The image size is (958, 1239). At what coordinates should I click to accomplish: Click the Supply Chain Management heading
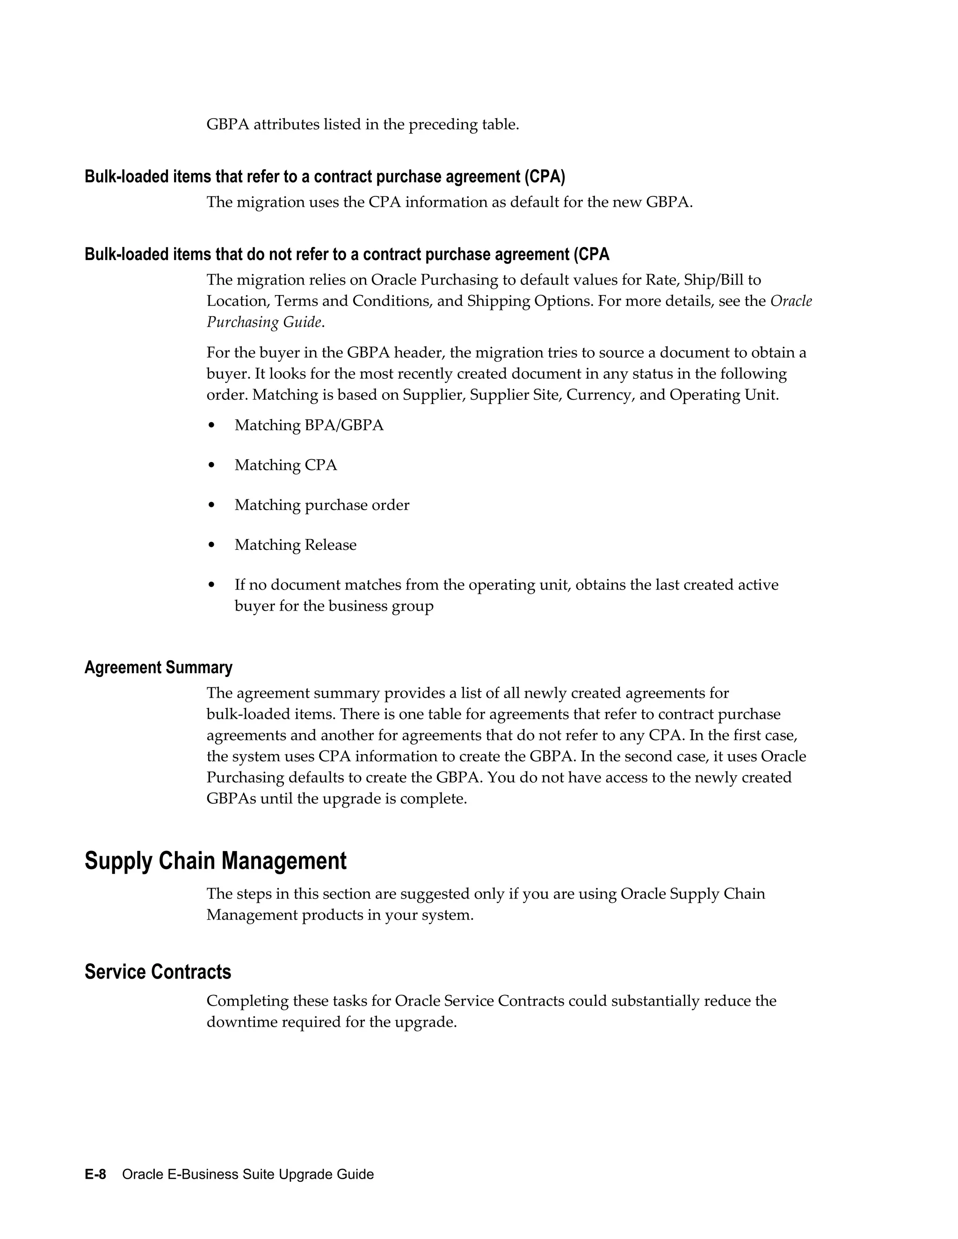coord(215,861)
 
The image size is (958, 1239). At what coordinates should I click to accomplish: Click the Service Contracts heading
coord(158,972)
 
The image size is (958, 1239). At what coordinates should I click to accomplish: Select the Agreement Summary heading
coord(159,667)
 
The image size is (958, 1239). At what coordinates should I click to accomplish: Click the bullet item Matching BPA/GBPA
coord(309,425)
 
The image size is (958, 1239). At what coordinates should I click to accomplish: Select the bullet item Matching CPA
coord(285,465)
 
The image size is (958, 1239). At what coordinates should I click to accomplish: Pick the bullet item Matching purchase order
coord(322,505)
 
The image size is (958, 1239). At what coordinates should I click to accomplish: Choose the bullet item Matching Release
coord(295,545)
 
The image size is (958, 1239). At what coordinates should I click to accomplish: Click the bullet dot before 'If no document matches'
coord(212,585)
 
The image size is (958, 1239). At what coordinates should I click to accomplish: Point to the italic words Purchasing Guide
coord(265,322)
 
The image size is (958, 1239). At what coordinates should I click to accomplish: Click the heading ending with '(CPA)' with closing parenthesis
coord(325,177)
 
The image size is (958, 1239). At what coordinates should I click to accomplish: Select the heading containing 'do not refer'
coord(347,254)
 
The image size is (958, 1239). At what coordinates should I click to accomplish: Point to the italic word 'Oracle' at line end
coord(791,301)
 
